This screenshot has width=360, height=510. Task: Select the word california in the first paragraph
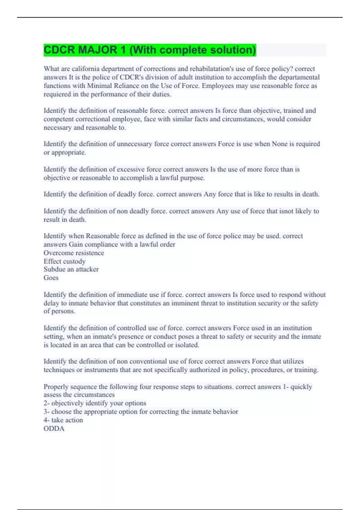pyautogui.click(x=85, y=69)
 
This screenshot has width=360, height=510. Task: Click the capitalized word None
pyautogui.click(x=280, y=144)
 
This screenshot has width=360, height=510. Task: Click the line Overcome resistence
pyautogui.click(x=74, y=253)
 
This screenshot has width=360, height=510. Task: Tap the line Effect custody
pyautogui.click(x=64, y=261)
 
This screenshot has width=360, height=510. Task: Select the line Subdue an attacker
pyautogui.click(x=71, y=269)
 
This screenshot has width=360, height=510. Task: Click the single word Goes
pyautogui.click(x=51, y=278)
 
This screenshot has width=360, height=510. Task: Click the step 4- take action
pyautogui.click(x=63, y=420)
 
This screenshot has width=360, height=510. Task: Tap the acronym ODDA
pyautogui.click(x=54, y=429)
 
